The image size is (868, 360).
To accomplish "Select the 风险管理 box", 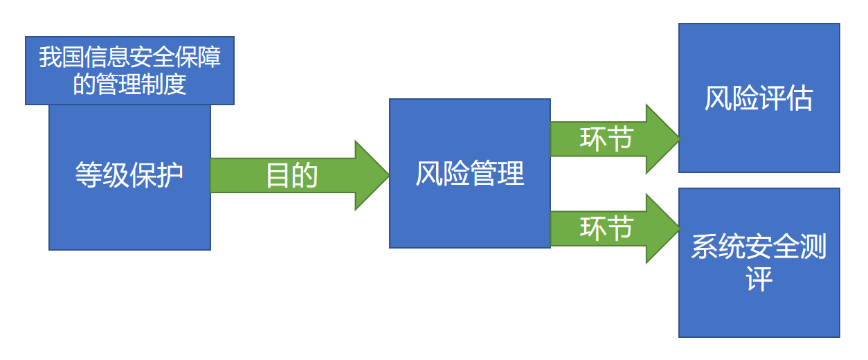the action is (469, 173).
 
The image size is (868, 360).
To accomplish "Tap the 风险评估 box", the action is (759, 98).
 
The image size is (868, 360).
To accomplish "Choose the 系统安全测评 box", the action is (759, 262).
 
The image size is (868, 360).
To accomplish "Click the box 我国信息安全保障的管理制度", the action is (129, 70).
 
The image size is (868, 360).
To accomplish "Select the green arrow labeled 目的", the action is (298, 175).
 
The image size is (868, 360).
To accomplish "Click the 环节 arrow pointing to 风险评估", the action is (609, 139).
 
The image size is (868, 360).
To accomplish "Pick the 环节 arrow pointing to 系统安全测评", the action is (609, 228).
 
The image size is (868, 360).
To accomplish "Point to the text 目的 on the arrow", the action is (291, 176).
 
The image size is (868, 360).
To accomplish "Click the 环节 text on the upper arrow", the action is (606, 139).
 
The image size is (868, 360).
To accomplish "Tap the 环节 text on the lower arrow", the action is (606, 228).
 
